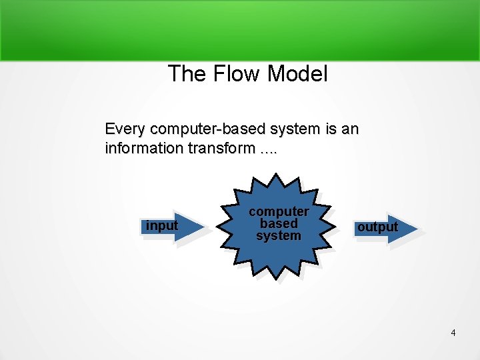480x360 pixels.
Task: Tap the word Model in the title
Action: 297,74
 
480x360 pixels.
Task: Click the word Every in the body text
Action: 124,128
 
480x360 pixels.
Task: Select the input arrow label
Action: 162,226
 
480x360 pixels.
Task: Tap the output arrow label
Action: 377,227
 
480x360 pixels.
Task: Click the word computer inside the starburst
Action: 279,211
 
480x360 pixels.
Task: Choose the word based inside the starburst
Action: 279,223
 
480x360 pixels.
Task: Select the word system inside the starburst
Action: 279,235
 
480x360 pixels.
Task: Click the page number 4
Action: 453,333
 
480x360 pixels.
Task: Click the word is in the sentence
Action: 331,128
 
